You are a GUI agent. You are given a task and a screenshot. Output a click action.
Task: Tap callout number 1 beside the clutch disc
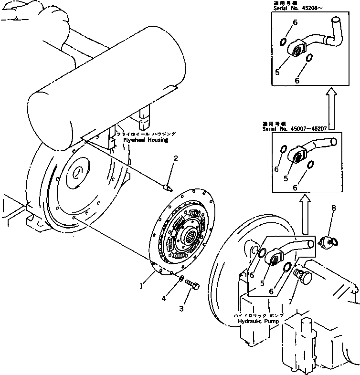(141, 286)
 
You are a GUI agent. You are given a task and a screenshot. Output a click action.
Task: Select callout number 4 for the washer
(164, 298)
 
